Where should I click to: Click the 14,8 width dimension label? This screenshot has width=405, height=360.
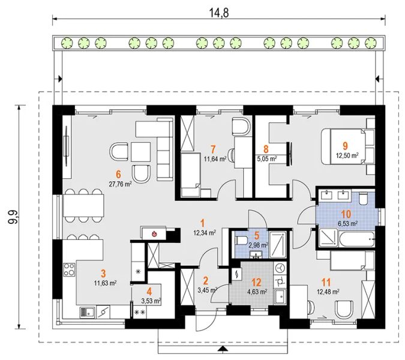click(219, 13)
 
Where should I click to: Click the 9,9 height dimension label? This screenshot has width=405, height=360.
click(13, 217)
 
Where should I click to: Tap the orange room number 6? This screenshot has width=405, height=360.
click(118, 175)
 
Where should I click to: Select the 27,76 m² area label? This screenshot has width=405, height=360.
click(121, 184)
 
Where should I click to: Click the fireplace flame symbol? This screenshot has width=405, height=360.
click(154, 234)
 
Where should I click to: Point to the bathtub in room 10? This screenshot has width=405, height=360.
click(357, 239)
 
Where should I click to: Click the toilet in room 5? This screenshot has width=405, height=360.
click(239, 241)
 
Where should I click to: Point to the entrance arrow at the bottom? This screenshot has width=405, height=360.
click(222, 349)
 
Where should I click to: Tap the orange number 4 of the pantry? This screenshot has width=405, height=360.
click(149, 292)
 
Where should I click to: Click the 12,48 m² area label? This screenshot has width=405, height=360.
click(328, 292)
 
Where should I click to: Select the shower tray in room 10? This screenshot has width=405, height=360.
click(328, 238)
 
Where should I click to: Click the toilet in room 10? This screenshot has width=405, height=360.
click(364, 198)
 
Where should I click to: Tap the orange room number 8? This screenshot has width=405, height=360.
click(266, 149)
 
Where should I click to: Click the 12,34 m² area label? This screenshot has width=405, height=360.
click(205, 233)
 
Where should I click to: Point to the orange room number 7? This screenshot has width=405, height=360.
click(213, 149)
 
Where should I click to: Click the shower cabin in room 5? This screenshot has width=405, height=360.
click(278, 245)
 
